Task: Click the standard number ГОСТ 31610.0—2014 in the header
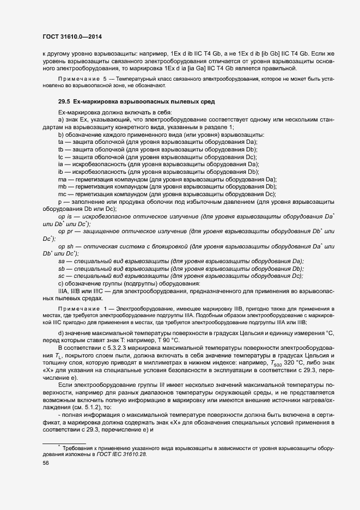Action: coord(71,37)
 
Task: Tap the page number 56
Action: coord(46,463)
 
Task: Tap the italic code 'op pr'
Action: coord(66,232)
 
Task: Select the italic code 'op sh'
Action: coord(66,246)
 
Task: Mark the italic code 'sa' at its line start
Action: coord(61,262)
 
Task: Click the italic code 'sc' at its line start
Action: coord(61,276)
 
